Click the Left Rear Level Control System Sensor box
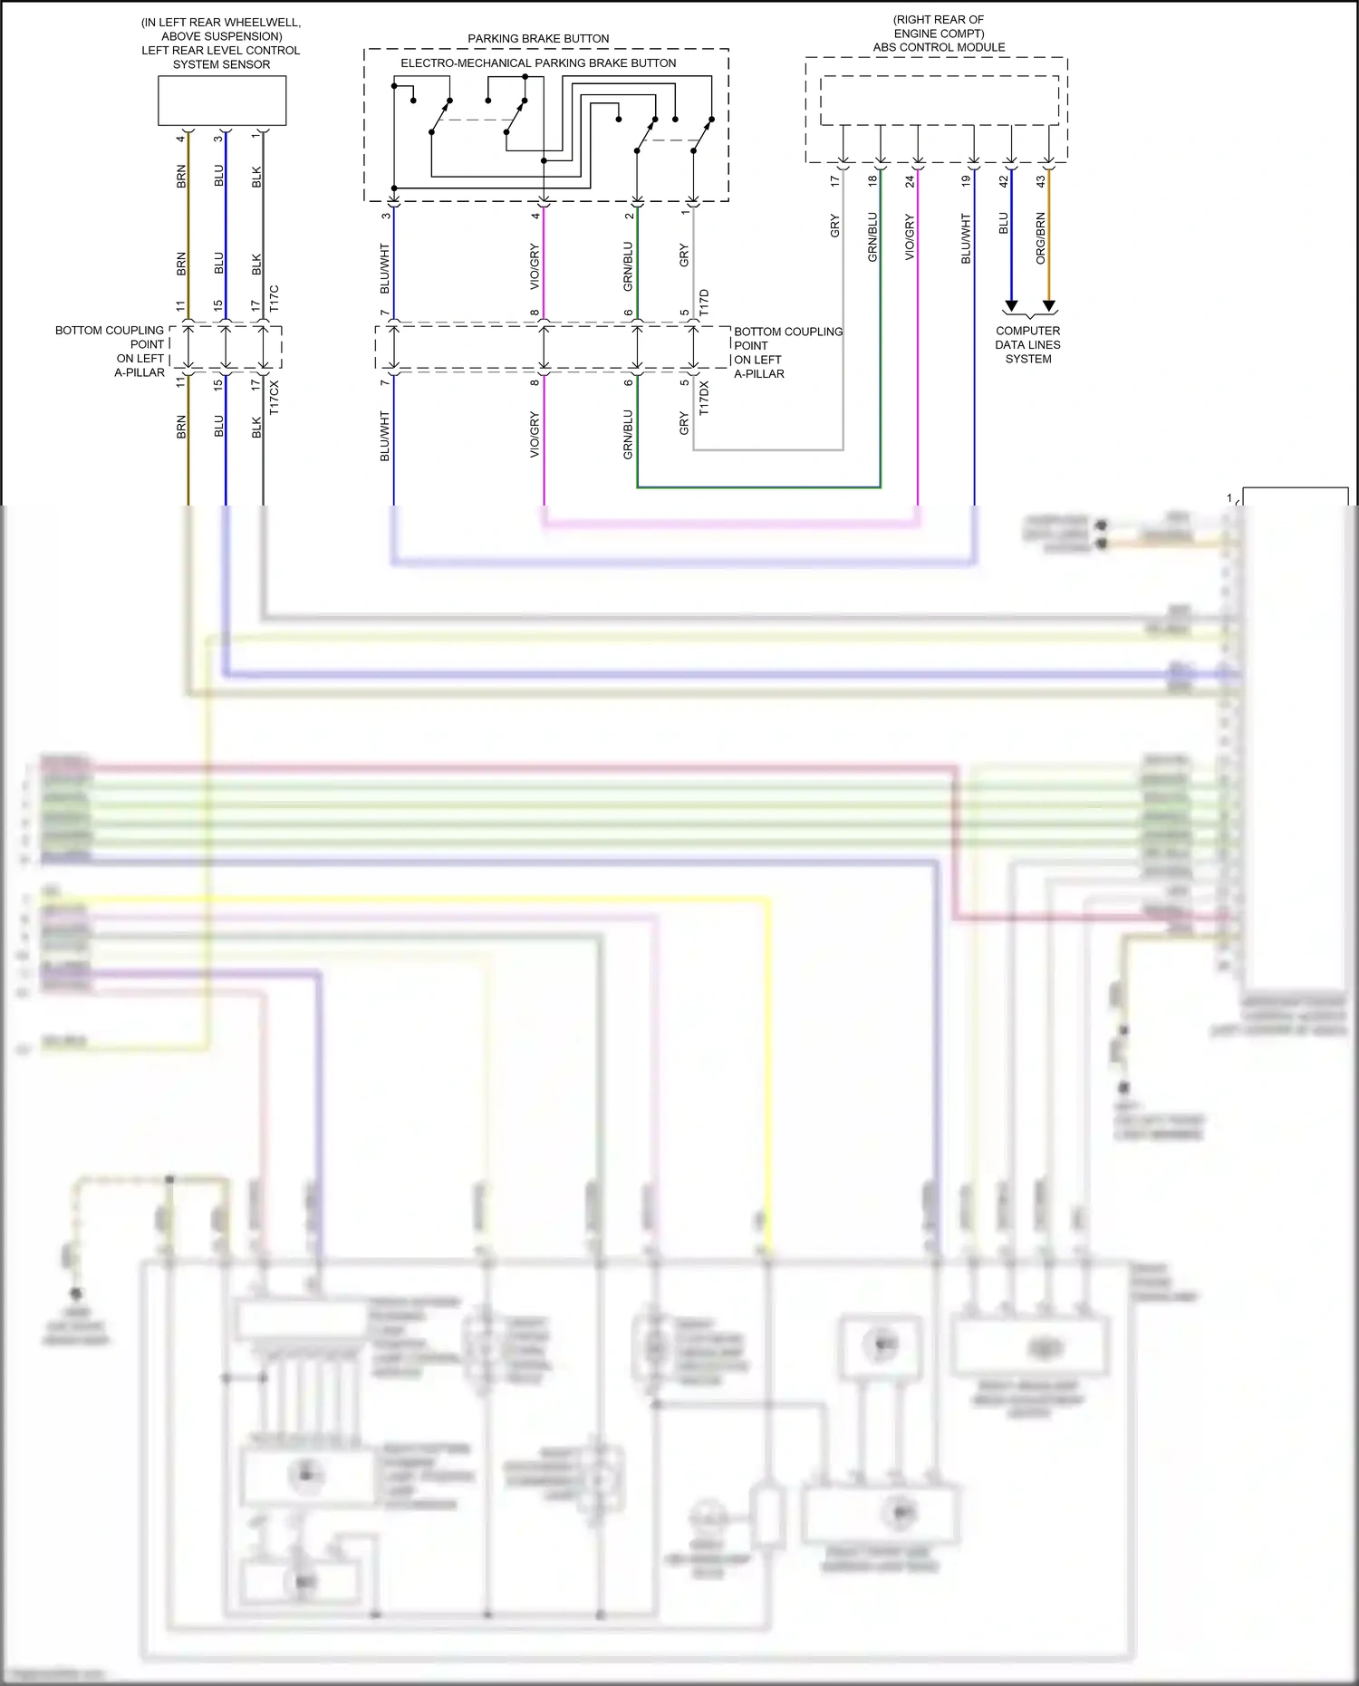coord(222,100)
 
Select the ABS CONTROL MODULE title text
coord(939,47)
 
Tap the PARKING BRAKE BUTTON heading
coord(538,38)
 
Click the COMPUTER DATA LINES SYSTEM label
coord(1027,344)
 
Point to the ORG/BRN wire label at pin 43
coord(1041,238)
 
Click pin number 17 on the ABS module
coord(835,180)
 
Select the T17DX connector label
coord(704,399)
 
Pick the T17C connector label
coord(275,299)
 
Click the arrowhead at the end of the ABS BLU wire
coord(1011,306)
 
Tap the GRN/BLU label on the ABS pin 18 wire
coord(872,237)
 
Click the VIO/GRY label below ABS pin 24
coord(910,237)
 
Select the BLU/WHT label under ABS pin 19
coord(966,238)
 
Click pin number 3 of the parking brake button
coord(386,216)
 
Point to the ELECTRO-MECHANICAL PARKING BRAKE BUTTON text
coord(538,63)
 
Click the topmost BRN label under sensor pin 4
coord(181,176)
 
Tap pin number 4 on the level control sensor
coord(181,138)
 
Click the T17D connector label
coord(704,302)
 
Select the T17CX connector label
coord(275,398)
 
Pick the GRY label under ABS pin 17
coord(835,226)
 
